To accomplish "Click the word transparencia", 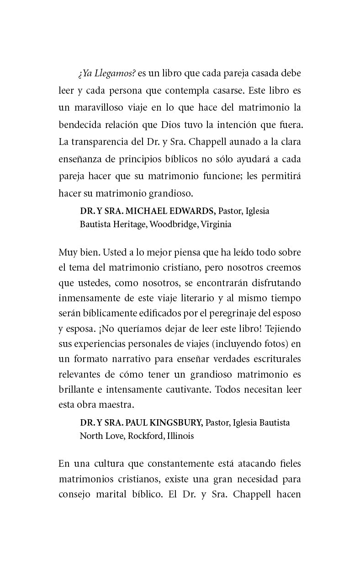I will point(100,142).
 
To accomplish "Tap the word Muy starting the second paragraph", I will point(67,252).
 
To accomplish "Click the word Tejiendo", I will point(284,329).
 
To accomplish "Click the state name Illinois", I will point(180,436).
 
